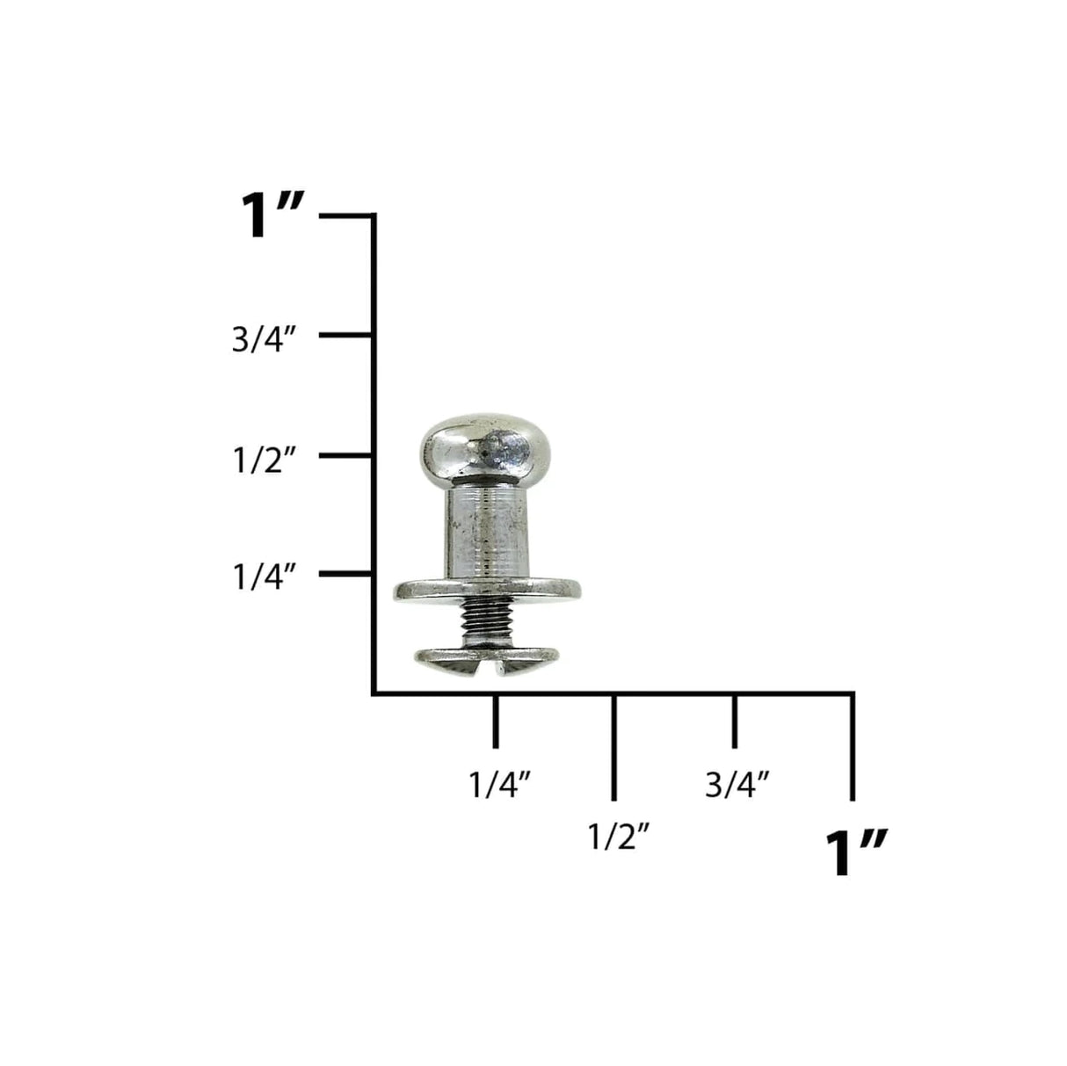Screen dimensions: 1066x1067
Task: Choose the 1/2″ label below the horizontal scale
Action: coord(619,837)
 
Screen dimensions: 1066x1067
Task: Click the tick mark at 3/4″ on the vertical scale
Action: coord(345,335)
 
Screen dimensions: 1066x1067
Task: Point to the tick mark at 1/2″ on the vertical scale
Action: coord(345,455)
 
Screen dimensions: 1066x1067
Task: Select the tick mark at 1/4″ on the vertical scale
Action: coord(345,574)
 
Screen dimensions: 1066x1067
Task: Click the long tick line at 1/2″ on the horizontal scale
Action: coord(613,747)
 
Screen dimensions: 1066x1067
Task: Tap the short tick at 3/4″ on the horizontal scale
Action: coord(734,721)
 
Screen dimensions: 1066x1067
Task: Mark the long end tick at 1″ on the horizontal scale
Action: coord(852,747)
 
